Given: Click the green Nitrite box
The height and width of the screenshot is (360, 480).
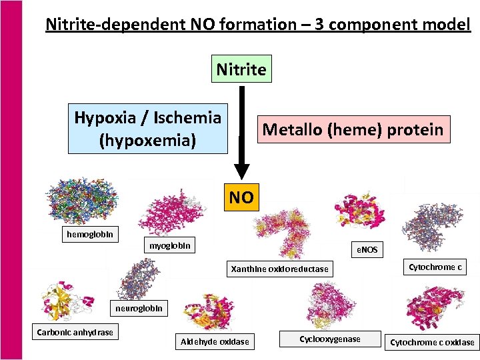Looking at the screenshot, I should coord(241,69).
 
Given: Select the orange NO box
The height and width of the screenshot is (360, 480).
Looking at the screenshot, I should coord(241,197).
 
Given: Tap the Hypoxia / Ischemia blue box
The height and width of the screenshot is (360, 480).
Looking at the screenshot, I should coord(147,128).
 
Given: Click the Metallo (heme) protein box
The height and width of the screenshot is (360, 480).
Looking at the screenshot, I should coord(353,129).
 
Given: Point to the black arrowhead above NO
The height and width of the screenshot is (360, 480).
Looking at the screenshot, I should coord(241,173).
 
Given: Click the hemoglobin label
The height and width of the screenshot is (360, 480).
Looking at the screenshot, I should coord(90,235).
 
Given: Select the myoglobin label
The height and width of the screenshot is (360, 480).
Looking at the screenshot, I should coord(169,246).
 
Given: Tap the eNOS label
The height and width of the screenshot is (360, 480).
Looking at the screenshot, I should coord(365,249).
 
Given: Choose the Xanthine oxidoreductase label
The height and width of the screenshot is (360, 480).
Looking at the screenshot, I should coord(279,269).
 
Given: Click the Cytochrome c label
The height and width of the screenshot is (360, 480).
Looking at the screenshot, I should coord(435,267).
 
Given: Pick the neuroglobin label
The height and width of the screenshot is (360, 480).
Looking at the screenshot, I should coord(138,308).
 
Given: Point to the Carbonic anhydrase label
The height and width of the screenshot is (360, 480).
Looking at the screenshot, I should coord(75,332).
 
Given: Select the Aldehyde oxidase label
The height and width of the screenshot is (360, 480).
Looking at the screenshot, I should coord(215,342).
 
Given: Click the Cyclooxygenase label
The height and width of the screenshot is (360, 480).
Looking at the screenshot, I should coord(329,339).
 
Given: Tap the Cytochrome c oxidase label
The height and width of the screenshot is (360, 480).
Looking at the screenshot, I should coord(432,342).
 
